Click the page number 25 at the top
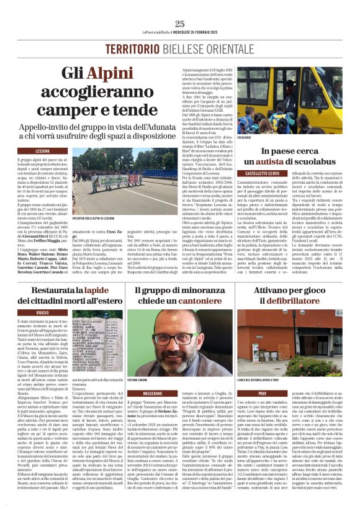(x=180, y=24)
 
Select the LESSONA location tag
(x=42, y=150)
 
